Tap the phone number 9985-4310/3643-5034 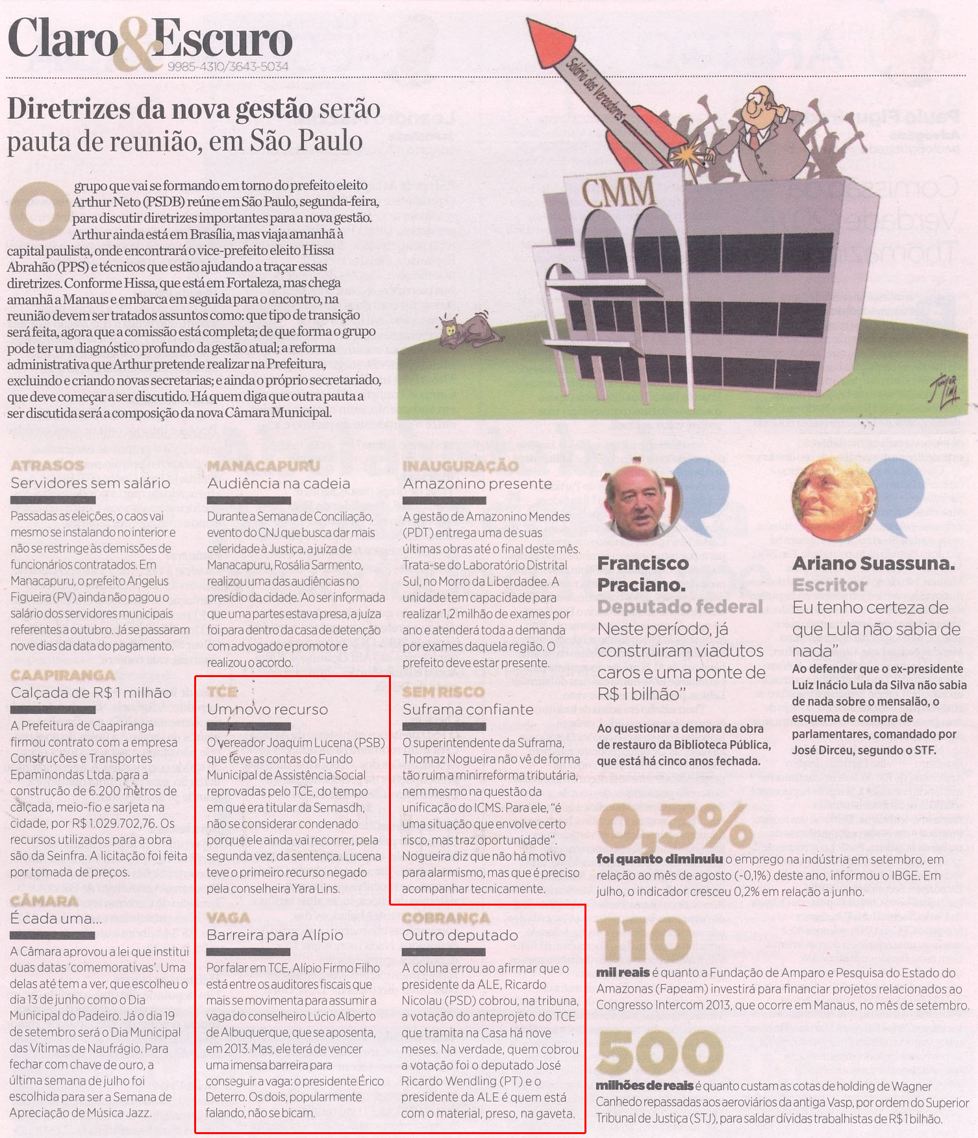pos(228,66)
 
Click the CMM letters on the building pos(618,193)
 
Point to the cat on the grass pos(470,329)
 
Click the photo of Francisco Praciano pos(641,502)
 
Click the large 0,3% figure pos(675,827)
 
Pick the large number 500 pos(660,1052)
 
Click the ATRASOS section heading pos(47,465)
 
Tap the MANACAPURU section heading pos(263,465)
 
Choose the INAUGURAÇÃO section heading pos(460,465)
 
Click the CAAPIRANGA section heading pos(63,675)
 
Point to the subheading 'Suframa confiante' pos(468,710)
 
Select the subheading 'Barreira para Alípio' pos(275,935)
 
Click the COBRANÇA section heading pos(446,918)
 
